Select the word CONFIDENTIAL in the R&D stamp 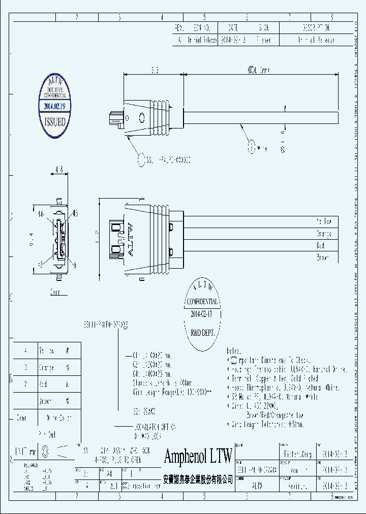203,301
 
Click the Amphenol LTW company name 198,456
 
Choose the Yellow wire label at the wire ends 324,221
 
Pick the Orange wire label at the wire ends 324,234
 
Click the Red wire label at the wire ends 321,245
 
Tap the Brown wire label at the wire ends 322,258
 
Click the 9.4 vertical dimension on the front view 32,236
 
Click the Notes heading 233,351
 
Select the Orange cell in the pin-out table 46,368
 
